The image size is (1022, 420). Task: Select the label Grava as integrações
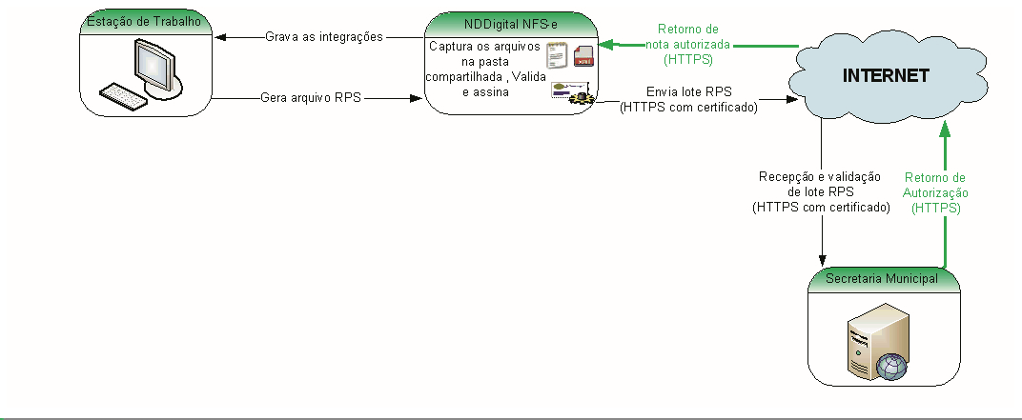[323, 37]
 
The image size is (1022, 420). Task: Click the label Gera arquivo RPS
[310, 97]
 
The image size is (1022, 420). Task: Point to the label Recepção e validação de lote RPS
[821, 190]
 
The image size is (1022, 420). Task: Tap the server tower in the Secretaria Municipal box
[866, 343]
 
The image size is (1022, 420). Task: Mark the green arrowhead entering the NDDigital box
[604, 44]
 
